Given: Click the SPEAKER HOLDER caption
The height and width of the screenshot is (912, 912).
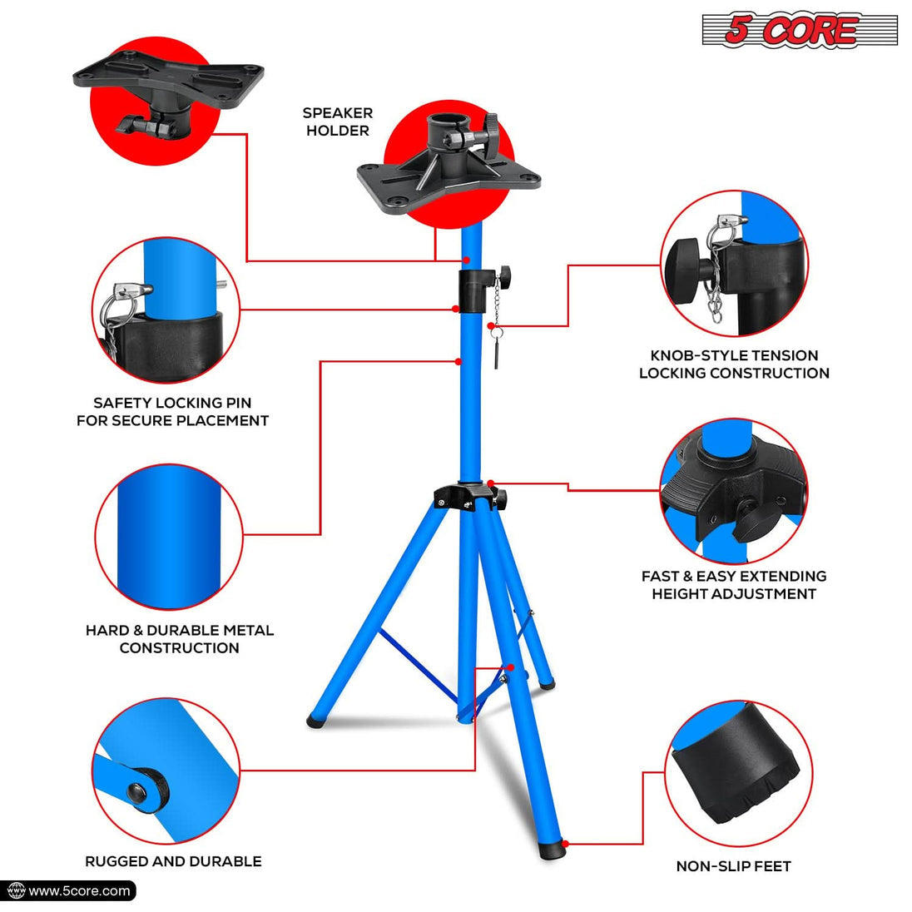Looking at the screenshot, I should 337,121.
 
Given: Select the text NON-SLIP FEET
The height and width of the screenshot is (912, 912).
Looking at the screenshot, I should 733,866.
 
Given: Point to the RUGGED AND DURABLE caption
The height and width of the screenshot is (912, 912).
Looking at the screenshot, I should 173,861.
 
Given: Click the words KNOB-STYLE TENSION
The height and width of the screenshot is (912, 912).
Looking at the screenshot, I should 734,355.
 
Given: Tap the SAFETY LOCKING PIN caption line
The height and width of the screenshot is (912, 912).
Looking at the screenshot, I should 172,403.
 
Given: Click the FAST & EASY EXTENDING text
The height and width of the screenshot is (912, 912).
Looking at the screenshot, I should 733,576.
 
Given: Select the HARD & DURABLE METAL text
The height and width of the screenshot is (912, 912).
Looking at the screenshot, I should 179,630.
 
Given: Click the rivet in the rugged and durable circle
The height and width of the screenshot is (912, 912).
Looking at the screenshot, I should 146,791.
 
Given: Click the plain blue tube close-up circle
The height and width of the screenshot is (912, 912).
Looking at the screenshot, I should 169,537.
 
